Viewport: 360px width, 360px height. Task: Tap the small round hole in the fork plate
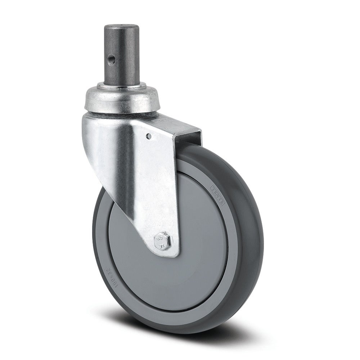pos(149,136)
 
